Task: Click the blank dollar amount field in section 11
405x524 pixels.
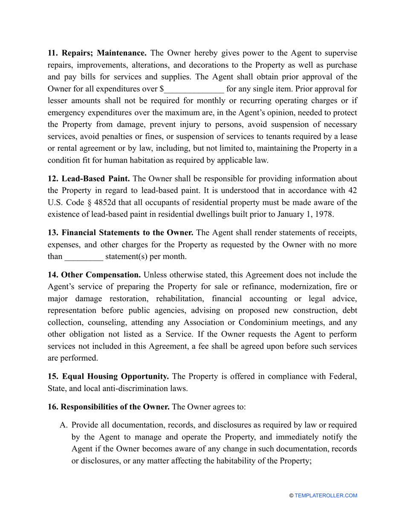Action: (x=194, y=89)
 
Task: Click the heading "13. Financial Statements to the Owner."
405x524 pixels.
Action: (x=121, y=233)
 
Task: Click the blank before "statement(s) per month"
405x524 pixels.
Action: (x=84, y=257)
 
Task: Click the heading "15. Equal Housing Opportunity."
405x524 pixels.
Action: (x=108, y=377)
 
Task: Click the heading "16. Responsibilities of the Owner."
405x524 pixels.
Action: (x=109, y=407)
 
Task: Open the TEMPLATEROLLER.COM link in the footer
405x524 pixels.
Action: (x=326, y=495)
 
